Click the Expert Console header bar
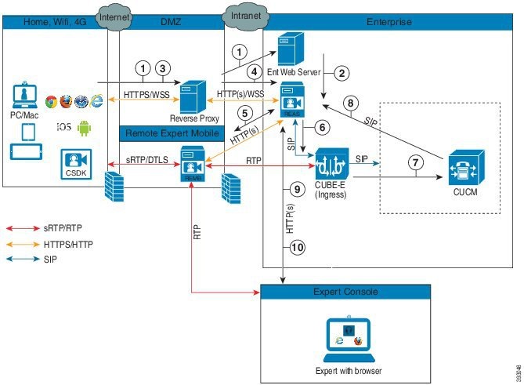click(x=346, y=292)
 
